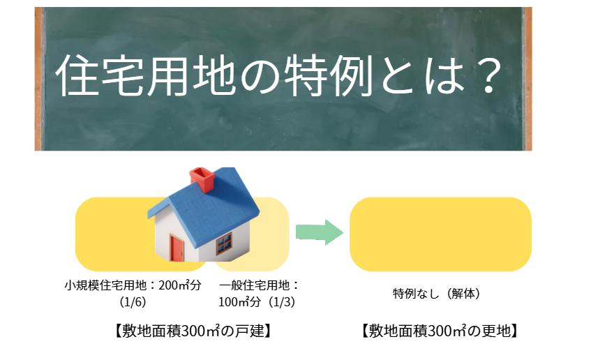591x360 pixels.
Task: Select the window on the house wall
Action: tap(223, 243)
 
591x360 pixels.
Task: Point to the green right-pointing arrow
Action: tap(318, 232)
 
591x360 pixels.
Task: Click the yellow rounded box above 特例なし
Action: tap(440, 234)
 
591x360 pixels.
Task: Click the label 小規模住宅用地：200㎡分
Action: tap(132, 285)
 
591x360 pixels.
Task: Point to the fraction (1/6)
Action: tap(133, 302)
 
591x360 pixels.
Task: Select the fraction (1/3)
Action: tap(283, 302)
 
